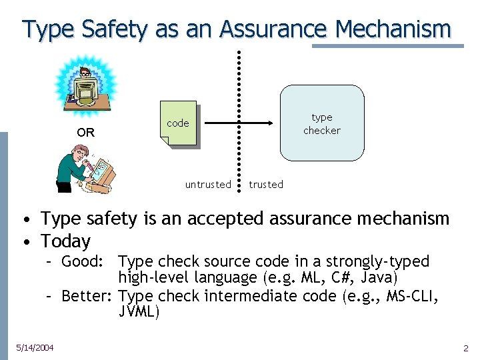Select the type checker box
click(322, 123)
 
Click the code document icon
click(178, 123)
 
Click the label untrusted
click(208, 185)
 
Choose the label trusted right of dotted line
click(266, 185)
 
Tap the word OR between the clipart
click(85, 133)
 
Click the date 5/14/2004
click(35, 347)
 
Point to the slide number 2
click(466, 348)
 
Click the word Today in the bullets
click(65, 241)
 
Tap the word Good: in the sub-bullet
click(82, 261)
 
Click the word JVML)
click(139, 311)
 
